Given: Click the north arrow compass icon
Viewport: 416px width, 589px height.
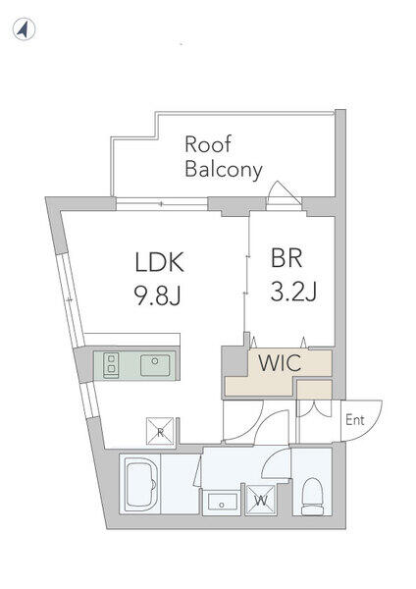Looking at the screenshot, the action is point(24,29).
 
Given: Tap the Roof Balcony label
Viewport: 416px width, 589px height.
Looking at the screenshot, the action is point(223,157).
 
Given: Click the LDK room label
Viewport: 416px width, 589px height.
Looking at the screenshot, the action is point(160,262).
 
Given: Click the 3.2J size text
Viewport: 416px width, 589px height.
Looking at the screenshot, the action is point(293,292).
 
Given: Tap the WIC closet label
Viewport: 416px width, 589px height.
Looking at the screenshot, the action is point(280,362).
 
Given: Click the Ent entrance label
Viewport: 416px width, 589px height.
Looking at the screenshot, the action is point(355,419).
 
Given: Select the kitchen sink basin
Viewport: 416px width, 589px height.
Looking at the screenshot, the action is point(155,365).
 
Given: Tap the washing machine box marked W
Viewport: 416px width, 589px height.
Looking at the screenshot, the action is point(260,500).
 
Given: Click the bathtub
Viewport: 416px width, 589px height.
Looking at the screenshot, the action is point(139,484).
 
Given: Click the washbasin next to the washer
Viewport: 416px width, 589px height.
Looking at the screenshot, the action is point(223,503).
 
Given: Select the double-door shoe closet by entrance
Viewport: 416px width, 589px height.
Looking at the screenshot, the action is point(315,408).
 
